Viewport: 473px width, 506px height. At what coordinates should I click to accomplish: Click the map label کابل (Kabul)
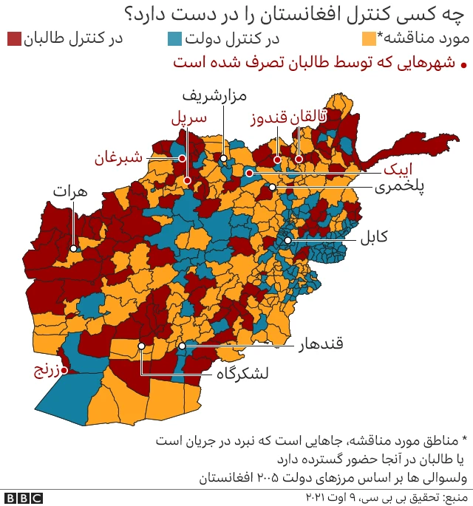coord(374,238)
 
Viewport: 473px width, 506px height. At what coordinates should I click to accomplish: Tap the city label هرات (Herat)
coord(70,191)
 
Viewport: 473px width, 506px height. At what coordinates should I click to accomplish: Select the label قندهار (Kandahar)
coord(323,345)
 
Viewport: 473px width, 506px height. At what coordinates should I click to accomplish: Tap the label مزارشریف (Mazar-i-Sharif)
coord(215,95)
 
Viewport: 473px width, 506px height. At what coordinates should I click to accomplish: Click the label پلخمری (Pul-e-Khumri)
coord(400,187)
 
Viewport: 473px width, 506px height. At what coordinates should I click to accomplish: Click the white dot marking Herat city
coord(74,249)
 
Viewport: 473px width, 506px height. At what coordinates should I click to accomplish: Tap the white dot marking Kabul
coord(289,240)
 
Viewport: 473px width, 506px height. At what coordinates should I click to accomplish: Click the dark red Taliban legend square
coord(14,39)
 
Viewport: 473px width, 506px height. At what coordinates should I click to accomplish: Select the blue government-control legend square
coord(175,39)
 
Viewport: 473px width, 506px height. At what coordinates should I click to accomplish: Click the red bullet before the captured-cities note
coord(463,65)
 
